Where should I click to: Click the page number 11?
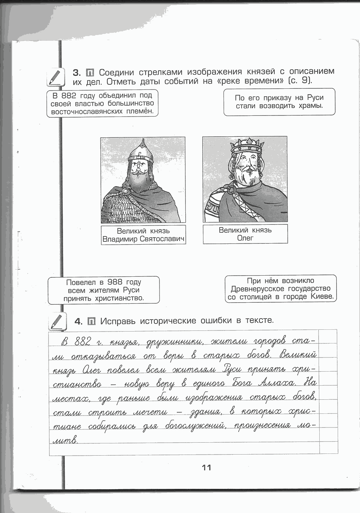pyautogui.click(x=206, y=468)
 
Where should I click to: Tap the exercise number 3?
pyautogui.click(x=78, y=71)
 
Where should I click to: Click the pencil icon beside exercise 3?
pyautogui.click(x=55, y=77)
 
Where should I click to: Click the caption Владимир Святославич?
pyautogui.click(x=143, y=239)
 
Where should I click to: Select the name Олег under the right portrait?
pyautogui.click(x=245, y=238)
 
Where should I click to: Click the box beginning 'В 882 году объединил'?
pyautogui.click(x=103, y=104)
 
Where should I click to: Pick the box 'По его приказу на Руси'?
pyautogui.click(x=279, y=102)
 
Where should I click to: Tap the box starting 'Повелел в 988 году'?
pyautogui.click(x=104, y=290)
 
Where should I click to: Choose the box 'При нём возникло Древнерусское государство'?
pyautogui.click(x=281, y=289)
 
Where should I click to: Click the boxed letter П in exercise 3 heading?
pyautogui.click(x=91, y=72)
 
